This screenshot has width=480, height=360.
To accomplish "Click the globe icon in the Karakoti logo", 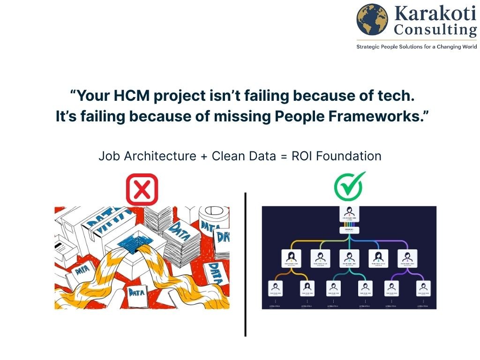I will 373,20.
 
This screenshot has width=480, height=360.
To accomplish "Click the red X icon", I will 142,189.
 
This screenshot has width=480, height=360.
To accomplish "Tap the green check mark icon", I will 349,185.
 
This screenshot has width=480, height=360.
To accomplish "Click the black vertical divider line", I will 245,262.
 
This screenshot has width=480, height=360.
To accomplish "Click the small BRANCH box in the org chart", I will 349,230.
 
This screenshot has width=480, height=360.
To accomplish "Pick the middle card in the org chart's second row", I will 349,258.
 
